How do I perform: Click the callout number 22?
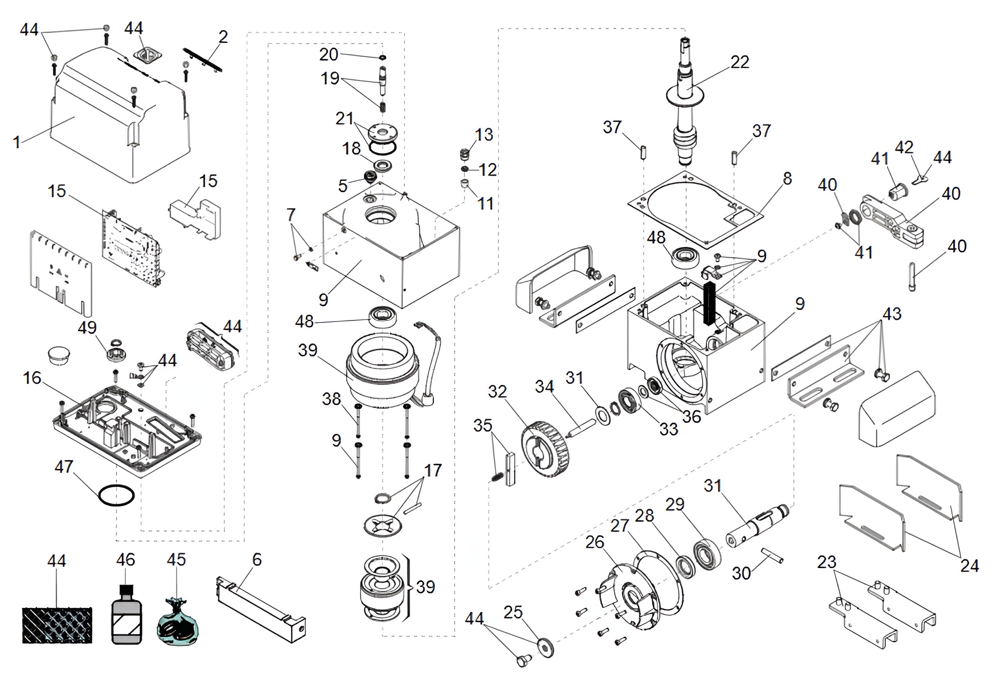[739, 62]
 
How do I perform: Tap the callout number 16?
[32, 378]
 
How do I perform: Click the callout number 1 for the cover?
[17, 143]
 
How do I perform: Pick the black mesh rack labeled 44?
[57, 625]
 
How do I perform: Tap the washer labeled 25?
[546, 647]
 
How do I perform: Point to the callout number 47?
[64, 467]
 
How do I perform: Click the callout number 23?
[826, 562]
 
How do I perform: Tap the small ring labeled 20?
[383, 57]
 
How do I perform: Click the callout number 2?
[223, 36]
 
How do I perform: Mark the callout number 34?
[544, 387]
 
